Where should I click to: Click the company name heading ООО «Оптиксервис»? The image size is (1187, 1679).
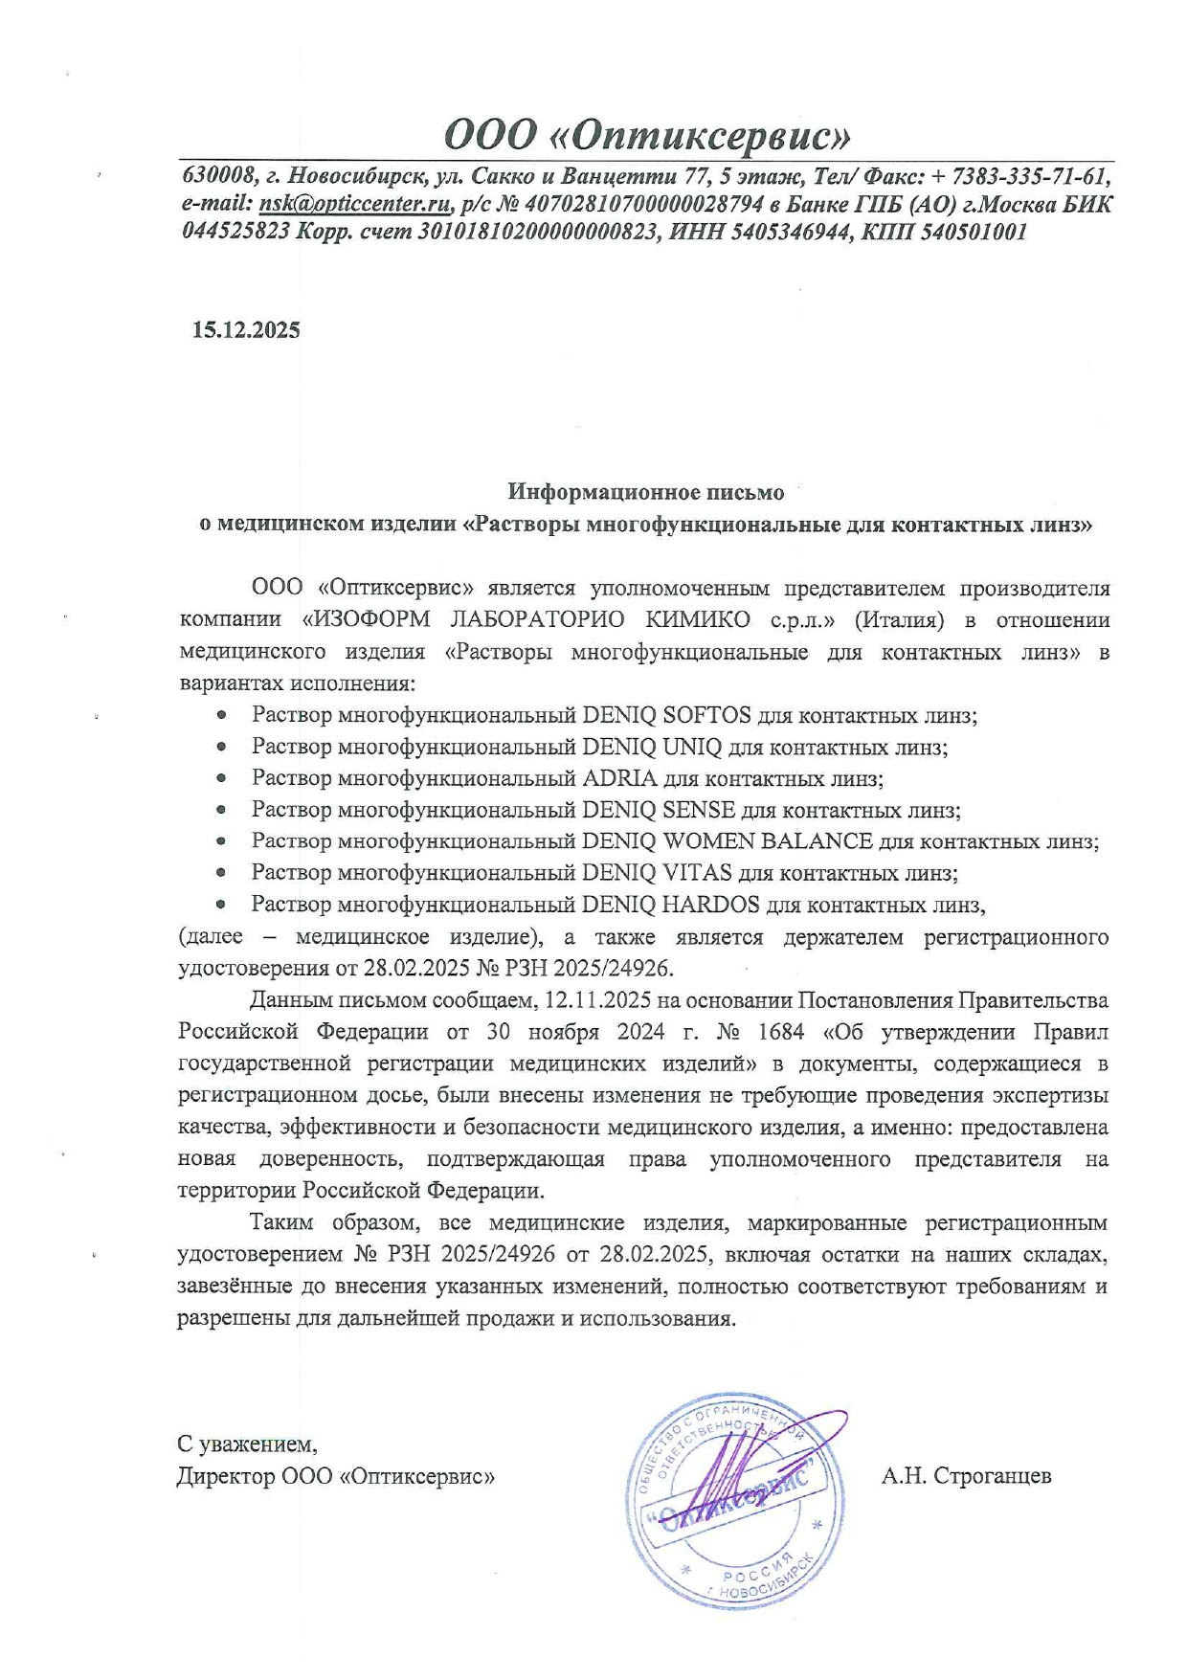647,135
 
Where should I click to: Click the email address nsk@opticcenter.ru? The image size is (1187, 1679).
354,204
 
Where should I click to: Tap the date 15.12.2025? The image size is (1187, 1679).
246,330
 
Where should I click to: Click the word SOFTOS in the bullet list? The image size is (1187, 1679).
706,715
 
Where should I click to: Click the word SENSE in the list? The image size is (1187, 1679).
699,810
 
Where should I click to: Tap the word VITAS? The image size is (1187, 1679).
697,873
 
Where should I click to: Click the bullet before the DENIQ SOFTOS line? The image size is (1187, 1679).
221,715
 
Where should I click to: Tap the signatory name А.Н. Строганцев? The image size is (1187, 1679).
966,1476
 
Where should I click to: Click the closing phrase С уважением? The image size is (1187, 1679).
247,1444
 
